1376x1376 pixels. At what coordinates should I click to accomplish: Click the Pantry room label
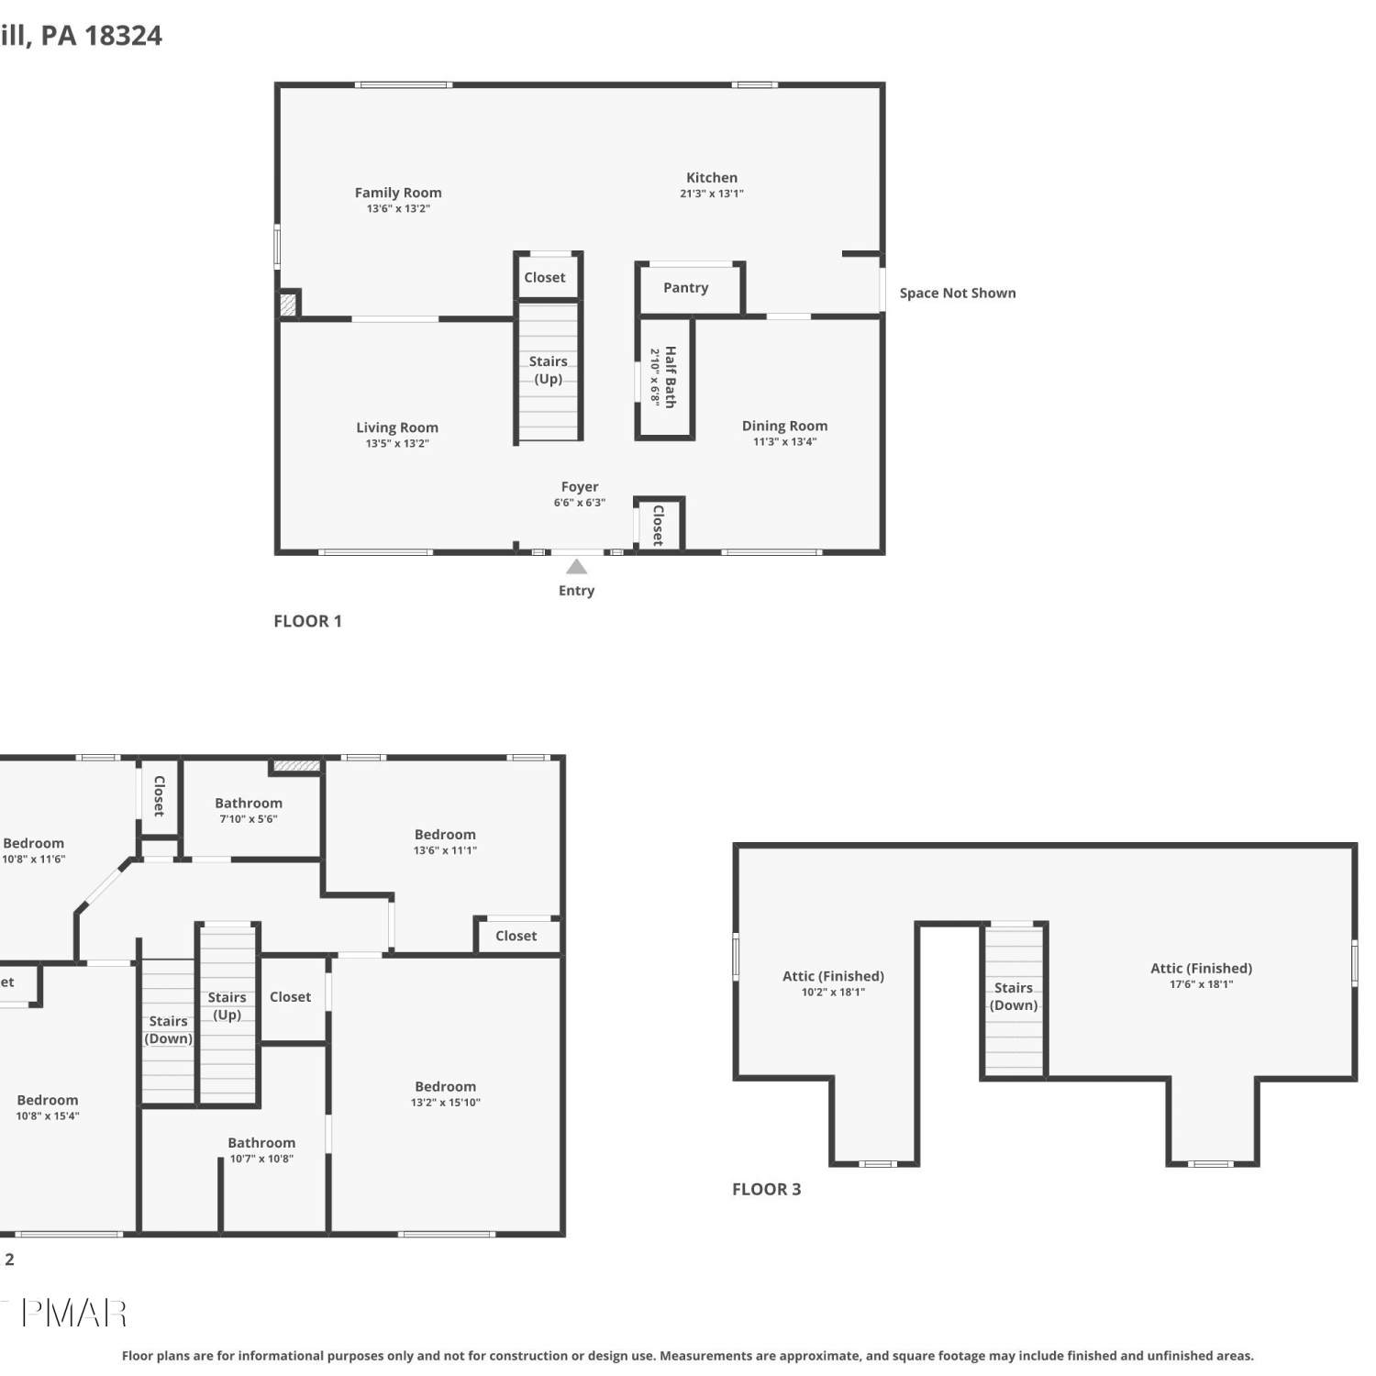tap(685, 287)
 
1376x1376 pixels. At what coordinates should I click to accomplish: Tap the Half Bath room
tap(665, 377)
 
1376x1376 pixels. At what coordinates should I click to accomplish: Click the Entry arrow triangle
tap(576, 567)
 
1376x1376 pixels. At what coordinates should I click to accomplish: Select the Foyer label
tap(580, 487)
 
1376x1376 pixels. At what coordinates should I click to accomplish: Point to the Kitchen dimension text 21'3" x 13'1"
tap(712, 194)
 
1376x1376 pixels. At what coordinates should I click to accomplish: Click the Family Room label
tap(398, 193)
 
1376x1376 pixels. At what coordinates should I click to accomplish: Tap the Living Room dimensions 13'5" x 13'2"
tap(397, 444)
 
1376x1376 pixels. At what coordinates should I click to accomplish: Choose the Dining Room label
tap(784, 426)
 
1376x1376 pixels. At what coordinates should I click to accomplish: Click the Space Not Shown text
tap(958, 293)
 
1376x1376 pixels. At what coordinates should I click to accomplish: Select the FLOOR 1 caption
tap(307, 621)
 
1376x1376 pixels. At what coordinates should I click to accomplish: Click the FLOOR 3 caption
tap(766, 1189)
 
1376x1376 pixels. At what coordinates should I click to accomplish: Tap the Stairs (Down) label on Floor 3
tap(1014, 996)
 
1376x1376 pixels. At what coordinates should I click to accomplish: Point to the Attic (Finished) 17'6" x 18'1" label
tap(1201, 975)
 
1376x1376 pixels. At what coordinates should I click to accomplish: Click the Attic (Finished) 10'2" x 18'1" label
tap(833, 983)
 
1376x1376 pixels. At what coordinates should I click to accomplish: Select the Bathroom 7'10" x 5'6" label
tap(249, 810)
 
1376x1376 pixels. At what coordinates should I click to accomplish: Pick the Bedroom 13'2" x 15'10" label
tap(445, 1093)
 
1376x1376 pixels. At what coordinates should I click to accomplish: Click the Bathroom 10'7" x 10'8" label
tap(261, 1150)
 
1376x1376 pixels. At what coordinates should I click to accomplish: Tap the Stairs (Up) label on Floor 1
tap(548, 370)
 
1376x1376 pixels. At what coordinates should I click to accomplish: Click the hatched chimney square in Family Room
tap(288, 304)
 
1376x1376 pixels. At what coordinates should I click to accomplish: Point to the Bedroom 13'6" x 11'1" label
tap(445, 842)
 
